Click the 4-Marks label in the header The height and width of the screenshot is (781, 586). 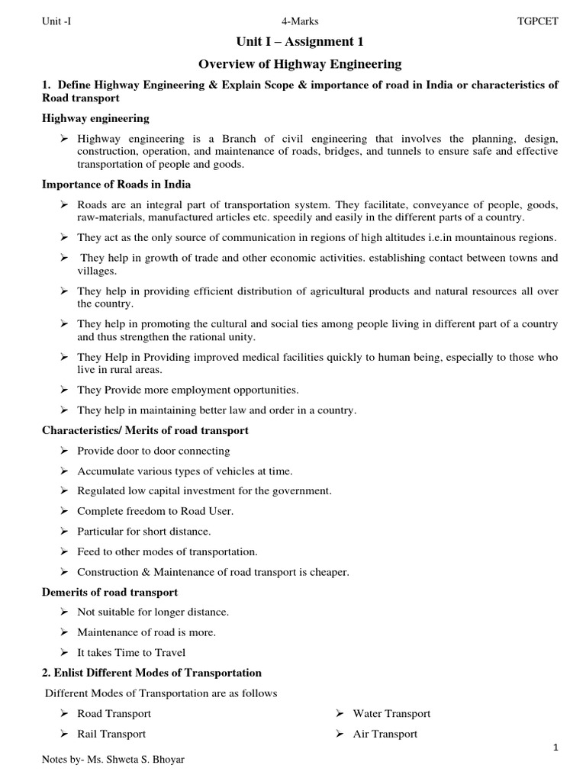coord(300,21)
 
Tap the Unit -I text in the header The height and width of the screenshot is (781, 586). coord(57,21)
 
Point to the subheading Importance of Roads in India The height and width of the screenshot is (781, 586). coord(116,185)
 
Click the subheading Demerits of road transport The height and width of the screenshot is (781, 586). coord(110,592)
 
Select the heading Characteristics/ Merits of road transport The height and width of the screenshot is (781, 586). coord(145,431)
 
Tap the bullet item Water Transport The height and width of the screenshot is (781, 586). coord(391,714)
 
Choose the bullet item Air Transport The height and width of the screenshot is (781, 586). coord(385,734)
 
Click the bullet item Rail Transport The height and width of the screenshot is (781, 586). coord(111,734)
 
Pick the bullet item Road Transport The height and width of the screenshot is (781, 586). coord(114,714)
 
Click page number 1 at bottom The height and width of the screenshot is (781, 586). coord(557,749)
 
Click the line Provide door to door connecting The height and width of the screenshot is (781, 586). coord(153,451)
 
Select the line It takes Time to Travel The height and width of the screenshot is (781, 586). coord(131,653)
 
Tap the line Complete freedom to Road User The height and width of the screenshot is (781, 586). coord(156,511)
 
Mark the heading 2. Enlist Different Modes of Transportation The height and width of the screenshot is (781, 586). coord(151,673)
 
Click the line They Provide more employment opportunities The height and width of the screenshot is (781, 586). coord(188,390)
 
